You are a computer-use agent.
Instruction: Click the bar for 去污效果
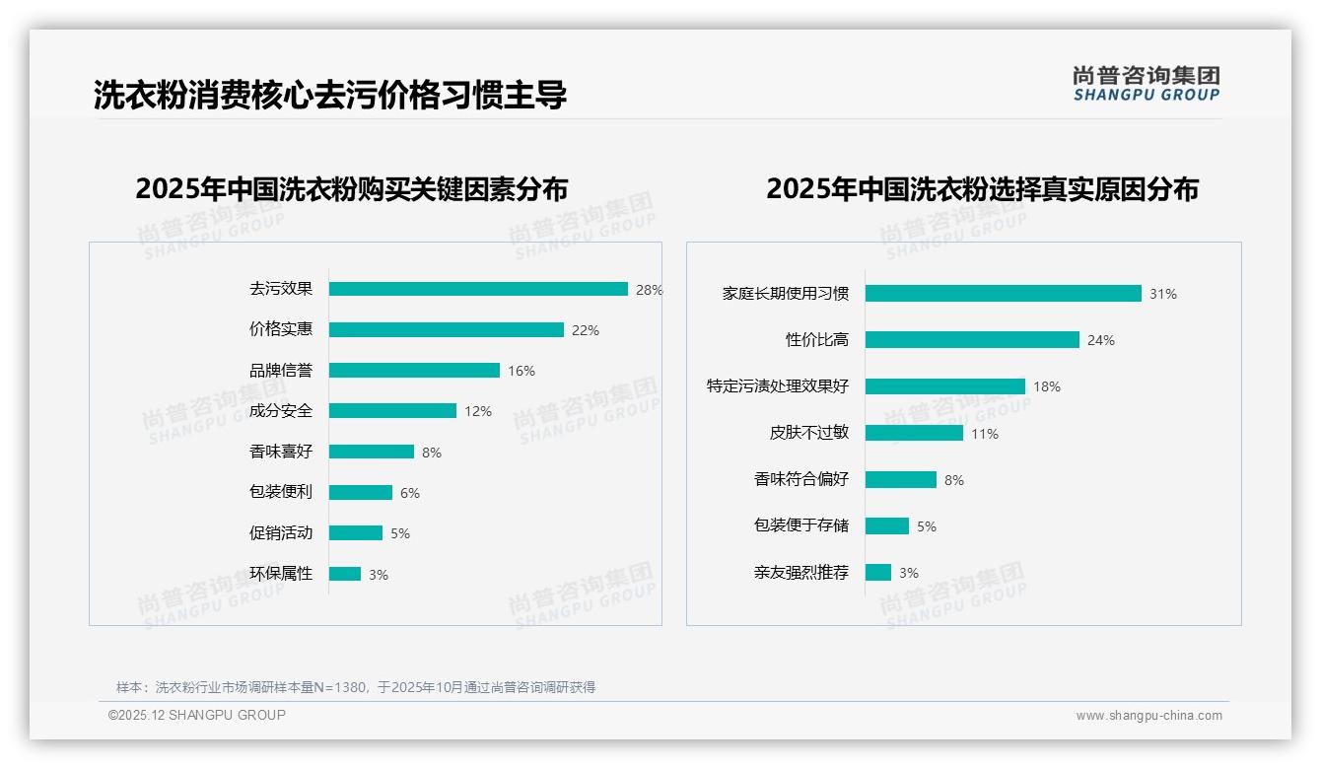point(478,289)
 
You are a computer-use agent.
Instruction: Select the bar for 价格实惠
point(446,329)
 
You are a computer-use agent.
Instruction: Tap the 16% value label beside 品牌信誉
point(521,371)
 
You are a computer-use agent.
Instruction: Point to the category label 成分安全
point(281,411)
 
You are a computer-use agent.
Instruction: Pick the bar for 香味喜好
point(372,452)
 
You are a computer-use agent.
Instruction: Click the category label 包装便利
point(281,492)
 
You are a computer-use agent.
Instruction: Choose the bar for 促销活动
point(356,532)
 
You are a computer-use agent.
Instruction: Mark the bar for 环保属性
point(345,574)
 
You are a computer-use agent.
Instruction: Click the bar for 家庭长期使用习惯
point(1003,293)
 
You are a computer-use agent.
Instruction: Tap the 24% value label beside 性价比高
point(1100,340)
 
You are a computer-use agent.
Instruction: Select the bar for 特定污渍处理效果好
point(945,386)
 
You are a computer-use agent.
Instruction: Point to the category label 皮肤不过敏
point(809,433)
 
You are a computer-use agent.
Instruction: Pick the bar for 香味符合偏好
point(901,479)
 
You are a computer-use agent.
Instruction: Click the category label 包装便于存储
point(801,525)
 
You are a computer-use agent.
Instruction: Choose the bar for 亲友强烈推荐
point(878,572)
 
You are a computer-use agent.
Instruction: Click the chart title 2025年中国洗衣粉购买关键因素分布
point(352,188)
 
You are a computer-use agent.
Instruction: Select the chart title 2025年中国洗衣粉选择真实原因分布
point(982,188)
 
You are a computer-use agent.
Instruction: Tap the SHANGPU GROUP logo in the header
point(1147,84)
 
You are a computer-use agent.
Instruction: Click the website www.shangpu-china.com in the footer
point(1148,716)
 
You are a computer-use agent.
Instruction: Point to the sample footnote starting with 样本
point(356,687)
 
